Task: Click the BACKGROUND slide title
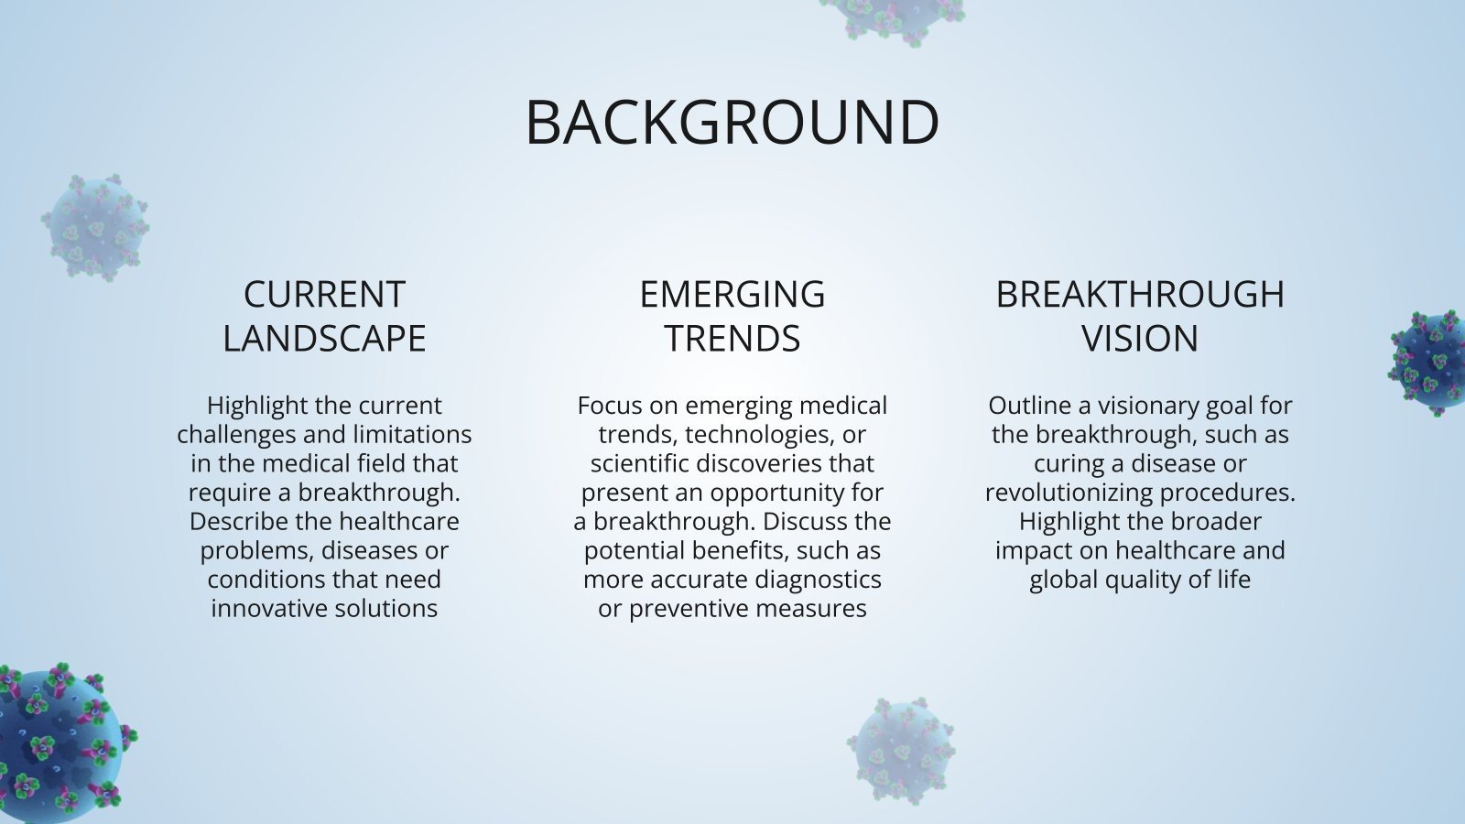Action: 732,122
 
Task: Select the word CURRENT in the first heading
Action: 324,295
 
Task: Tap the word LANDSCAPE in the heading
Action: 324,339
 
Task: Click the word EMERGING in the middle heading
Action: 732,295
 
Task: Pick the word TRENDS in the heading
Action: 732,339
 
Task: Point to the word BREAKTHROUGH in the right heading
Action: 1140,295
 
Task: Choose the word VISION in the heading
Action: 1140,339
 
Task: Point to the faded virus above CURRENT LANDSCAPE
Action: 95,227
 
